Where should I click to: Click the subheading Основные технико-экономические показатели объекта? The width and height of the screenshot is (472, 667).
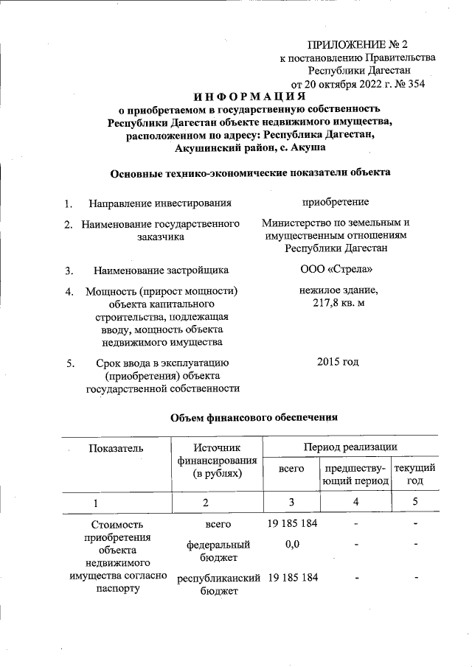click(250, 173)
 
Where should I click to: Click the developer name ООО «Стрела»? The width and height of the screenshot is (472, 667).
click(336, 270)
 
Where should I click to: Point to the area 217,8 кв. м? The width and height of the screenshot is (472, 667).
click(336, 304)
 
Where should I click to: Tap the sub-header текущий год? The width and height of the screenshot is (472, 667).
click(414, 475)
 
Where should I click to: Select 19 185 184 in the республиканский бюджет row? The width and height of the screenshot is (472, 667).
click(291, 578)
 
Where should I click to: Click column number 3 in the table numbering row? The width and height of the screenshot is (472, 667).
click(291, 502)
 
